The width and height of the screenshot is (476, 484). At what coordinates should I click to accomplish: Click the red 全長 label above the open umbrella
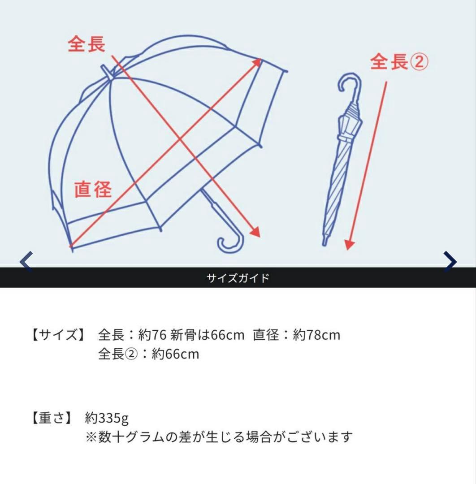click(x=87, y=44)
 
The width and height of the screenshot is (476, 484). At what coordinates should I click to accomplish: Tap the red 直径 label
click(x=93, y=189)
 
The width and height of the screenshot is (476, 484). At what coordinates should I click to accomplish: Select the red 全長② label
click(x=399, y=62)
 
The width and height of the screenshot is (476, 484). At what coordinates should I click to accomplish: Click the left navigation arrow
click(x=26, y=261)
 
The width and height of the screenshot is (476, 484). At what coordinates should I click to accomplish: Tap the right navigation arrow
click(x=450, y=261)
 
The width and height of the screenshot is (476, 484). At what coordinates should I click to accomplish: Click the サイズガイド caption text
click(x=238, y=278)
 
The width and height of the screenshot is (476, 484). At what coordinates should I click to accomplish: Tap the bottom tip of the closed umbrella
click(x=325, y=242)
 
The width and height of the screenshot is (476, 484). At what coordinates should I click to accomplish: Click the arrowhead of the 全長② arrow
click(x=350, y=245)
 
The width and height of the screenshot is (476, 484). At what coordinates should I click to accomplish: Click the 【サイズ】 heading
click(x=58, y=335)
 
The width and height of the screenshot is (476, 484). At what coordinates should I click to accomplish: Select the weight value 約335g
click(x=107, y=418)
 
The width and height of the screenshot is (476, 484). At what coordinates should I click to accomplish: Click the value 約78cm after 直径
click(x=316, y=335)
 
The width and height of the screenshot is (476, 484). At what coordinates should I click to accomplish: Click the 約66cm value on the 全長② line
click(x=175, y=354)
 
